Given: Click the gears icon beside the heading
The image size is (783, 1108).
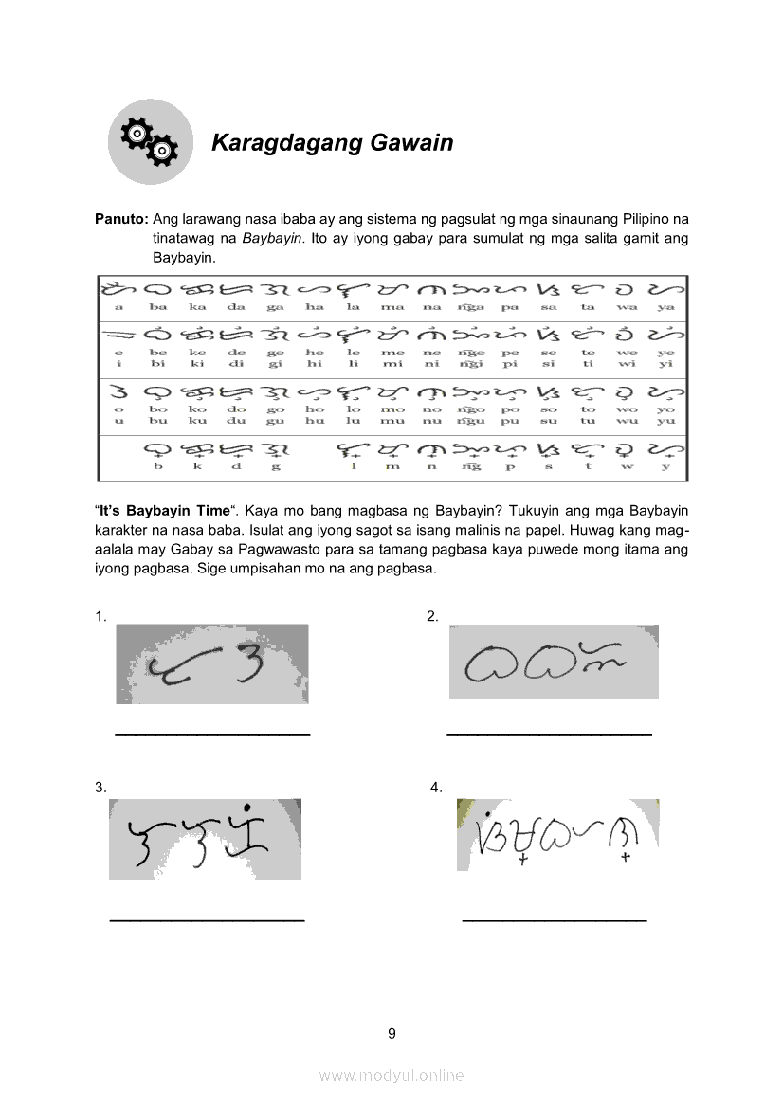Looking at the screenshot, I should tap(150, 142).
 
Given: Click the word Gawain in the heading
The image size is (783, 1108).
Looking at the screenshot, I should tap(411, 143).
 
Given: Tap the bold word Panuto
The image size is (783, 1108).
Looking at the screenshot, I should tap(120, 218).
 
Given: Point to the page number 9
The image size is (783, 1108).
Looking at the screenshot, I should tap(391, 1033).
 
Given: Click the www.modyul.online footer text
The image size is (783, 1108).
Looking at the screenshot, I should tap(391, 1075).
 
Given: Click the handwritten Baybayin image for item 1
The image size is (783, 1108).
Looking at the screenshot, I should tap(212, 663).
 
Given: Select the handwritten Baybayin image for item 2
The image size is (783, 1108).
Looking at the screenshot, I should tap(554, 662).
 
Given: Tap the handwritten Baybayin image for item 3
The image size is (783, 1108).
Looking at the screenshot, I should tap(205, 839).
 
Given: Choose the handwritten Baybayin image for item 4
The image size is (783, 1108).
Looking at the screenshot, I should tap(557, 835).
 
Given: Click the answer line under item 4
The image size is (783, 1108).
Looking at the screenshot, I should tap(554, 920).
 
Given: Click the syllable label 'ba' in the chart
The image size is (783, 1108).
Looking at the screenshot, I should tap(158, 307).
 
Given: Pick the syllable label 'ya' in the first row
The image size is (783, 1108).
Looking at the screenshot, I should tap(665, 307).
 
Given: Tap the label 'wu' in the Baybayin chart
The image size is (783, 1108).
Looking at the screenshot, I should tap(627, 421).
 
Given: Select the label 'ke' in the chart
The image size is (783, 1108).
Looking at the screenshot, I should tap(197, 353).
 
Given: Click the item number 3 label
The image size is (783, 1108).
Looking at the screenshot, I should tap(100, 788).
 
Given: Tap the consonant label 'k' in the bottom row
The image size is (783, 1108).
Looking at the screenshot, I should tap(197, 466).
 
